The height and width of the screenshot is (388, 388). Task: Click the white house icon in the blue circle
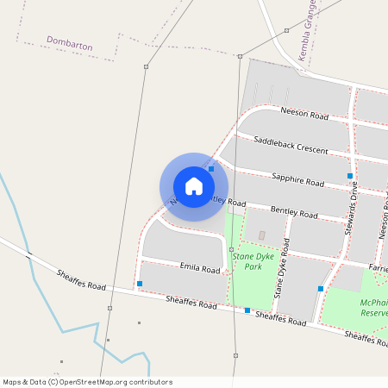[x=194, y=186]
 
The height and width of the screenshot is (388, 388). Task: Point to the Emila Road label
[x=199, y=269]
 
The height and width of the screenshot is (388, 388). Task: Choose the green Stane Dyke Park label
[x=247, y=261]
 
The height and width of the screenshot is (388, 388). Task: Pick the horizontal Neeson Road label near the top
[x=305, y=113]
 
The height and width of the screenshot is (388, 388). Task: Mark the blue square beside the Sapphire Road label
[x=350, y=176]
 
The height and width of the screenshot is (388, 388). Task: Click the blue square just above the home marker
[x=211, y=169]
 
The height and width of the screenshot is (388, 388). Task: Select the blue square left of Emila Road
[x=140, y=284]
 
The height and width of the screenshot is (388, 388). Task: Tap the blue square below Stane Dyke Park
[x=247, y=310]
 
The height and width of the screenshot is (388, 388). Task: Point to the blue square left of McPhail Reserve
[x=321, y=288]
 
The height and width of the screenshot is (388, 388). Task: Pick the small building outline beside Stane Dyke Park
[x=262, y=235]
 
